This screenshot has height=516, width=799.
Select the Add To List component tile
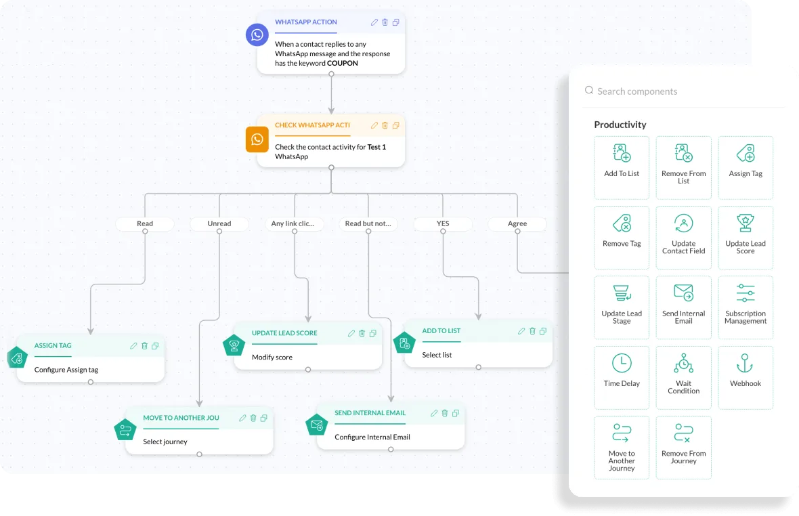tap(622, 167)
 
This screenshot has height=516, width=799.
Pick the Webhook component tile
tap(746, 377)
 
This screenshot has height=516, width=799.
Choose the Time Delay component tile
tap(622, 377)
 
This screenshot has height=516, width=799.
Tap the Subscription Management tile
tap(746, 307)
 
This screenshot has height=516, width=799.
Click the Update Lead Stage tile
tap(622, 307)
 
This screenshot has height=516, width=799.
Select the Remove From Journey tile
tap(684, 447)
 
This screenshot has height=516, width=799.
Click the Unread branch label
tap(219, 223)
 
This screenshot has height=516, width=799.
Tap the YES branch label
tap(442, 223)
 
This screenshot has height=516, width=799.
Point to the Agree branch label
tap(517, 223)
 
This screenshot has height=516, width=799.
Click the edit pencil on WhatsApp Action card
tap(374, 22)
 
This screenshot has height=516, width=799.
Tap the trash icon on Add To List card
tap(532, 331)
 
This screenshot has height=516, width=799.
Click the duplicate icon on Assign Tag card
tap(155, 346)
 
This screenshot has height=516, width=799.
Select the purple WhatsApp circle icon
tap(257, 35)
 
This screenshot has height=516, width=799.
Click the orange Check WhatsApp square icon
tap(257, 139)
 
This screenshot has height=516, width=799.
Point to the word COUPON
tap(343, 63)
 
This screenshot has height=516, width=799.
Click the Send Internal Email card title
tap(370, 413)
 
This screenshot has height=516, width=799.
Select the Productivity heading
tap(620, 125)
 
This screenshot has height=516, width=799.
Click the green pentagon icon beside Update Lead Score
tap(234, 345)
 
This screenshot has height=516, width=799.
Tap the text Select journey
tap(165, 442)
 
